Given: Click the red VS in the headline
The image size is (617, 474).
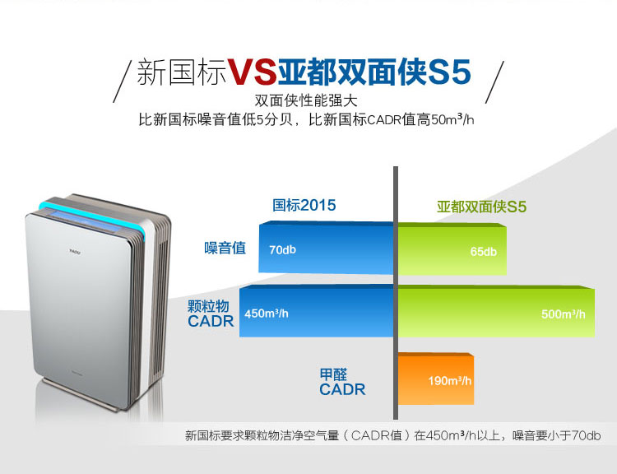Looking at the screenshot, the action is pos(252,72).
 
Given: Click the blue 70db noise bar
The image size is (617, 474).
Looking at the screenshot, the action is pos(327,248).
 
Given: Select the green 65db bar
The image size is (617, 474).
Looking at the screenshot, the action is pos(452,249).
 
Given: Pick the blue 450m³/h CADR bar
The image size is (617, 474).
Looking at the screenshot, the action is pos(317,311).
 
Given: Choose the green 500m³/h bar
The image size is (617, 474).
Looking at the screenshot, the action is pos(496,311).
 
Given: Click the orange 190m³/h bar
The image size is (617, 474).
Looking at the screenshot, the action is pos(436,379).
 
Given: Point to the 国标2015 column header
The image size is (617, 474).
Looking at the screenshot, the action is pos(304,205).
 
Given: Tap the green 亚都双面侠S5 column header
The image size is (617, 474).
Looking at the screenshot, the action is pos(481,207).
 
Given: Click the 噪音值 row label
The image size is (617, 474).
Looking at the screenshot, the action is pos(225,248).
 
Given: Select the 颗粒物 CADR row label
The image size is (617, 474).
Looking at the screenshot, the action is pos(211,314).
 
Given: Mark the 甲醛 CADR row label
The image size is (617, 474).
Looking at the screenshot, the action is pos(342,382).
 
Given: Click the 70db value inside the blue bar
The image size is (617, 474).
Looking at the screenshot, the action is pos(282,249).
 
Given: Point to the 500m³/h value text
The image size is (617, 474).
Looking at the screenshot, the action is pos(563,314).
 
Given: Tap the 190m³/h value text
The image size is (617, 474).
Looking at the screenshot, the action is pos(450,381).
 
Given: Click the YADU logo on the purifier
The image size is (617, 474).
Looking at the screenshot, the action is pos(75,251).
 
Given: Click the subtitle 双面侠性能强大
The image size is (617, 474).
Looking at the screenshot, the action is pos(306,100).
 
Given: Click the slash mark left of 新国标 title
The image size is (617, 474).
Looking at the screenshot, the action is pos(122,81).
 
